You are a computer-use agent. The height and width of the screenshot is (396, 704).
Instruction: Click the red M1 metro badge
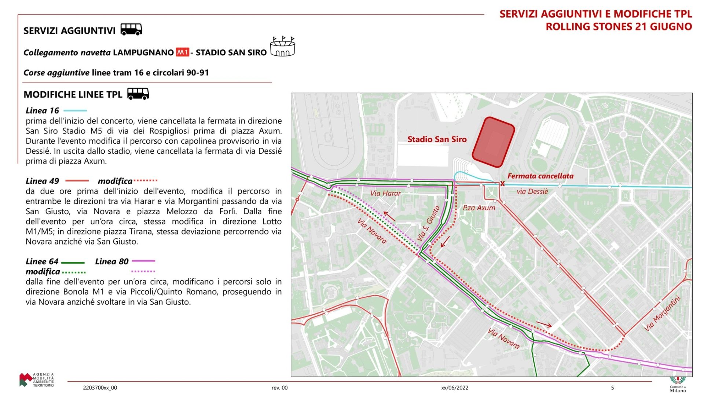pos(182,52)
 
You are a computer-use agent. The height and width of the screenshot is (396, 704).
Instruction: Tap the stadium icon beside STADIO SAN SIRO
pos(282,47)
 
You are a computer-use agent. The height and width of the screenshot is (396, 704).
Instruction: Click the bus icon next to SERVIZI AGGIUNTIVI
pos(131,29)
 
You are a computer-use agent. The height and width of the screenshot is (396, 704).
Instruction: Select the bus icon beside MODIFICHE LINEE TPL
pos(138,93)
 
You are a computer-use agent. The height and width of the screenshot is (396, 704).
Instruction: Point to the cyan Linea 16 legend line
pos(75,110)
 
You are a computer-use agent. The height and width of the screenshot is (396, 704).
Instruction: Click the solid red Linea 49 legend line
pos(77,181)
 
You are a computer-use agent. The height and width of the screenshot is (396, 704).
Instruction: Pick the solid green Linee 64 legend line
pos(73,263)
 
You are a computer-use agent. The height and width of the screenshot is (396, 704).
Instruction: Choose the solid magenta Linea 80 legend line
pos(143,261)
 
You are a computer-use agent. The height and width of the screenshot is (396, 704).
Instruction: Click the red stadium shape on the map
pos(493,142)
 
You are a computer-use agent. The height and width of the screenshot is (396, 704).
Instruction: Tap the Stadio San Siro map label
pos(437,139)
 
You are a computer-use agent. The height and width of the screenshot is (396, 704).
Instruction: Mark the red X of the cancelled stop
pos(502,184)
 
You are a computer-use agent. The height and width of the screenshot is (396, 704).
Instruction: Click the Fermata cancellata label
pos(540,176)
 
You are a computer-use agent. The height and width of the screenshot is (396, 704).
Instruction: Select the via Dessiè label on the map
pos(532,191)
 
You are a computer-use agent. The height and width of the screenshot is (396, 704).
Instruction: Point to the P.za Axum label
pos(478,208)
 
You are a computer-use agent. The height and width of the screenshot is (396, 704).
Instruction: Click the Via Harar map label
pos(385,193)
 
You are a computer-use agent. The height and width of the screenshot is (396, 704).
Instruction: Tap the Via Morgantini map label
pos(662,313)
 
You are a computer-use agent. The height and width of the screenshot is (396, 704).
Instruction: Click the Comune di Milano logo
pos(678,384)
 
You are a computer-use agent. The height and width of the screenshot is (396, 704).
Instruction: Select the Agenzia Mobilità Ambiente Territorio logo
pos(37,380)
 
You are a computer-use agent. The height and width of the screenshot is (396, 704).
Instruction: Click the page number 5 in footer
pos(612,388)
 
